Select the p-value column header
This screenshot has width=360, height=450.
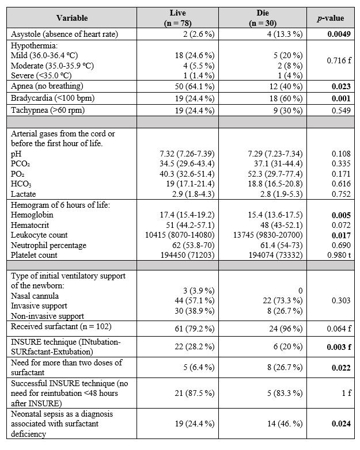330,18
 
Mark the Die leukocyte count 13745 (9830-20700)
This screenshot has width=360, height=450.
265,235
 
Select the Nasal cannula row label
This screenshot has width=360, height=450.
39,296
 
